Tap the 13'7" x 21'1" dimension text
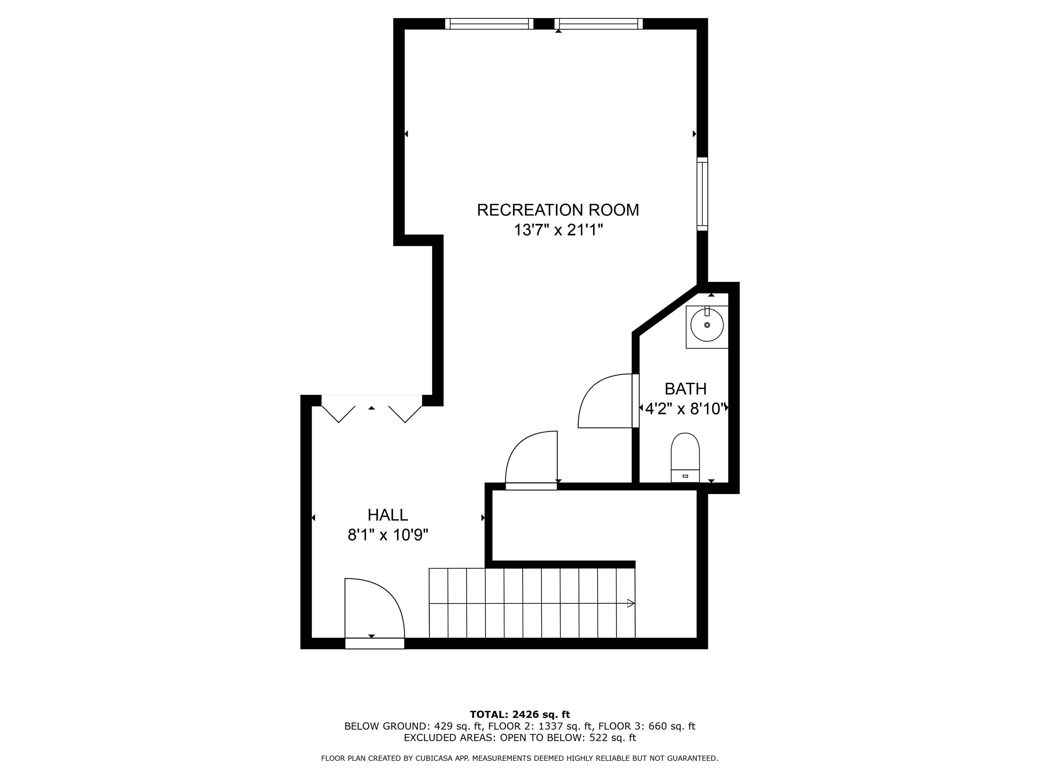coord(558,231)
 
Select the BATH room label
coord(686,389)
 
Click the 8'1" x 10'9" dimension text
coord(388,535)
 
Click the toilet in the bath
coord(685,457)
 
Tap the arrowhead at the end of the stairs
coord(631,603)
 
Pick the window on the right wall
coord(702,194)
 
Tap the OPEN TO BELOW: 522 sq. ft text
coord(568,738)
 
